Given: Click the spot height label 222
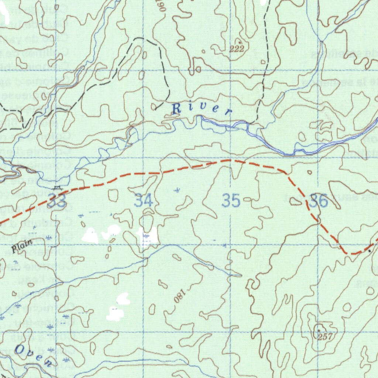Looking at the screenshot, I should point(237,49).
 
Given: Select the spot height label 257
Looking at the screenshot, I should point(325,336).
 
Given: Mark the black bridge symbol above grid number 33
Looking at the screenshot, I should point(56,188).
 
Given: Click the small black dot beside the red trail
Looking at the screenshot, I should point(370,251).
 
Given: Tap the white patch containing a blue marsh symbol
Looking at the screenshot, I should point(148,236).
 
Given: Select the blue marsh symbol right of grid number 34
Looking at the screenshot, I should point(178,190).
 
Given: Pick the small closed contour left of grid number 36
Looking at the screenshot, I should point(295,201).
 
